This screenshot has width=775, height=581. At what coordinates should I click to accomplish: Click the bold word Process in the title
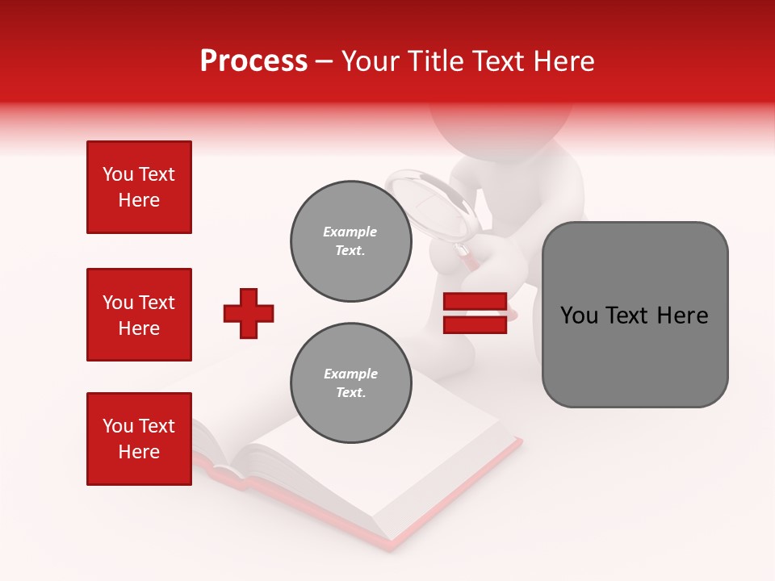[x=253, y=61]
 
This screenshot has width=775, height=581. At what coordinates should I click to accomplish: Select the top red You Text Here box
[x=139, y=187]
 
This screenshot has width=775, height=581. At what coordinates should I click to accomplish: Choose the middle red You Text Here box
[x=139, y=315]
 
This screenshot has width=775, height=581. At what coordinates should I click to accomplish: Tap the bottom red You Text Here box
[x=139, y=439]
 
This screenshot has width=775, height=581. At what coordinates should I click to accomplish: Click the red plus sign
[x=249, y=313]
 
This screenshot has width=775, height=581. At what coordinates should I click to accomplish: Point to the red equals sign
[x=475, y=314]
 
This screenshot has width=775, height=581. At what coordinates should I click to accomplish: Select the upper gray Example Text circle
[x=350, y=241]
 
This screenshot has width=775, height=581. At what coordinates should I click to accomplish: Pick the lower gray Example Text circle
[x=350, y=383]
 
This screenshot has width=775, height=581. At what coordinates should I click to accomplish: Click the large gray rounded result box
[x=635, y=315]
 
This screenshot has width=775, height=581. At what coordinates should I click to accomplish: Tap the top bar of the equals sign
[x=475, y=303]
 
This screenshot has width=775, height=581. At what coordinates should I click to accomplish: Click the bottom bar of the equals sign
[x=475, y=325]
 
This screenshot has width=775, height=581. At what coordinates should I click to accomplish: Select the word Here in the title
[x=564, y=61]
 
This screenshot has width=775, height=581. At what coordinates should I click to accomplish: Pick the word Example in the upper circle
[x=350, y=232]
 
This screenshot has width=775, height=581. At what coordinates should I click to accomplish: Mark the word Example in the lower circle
[x=350, y=374]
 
